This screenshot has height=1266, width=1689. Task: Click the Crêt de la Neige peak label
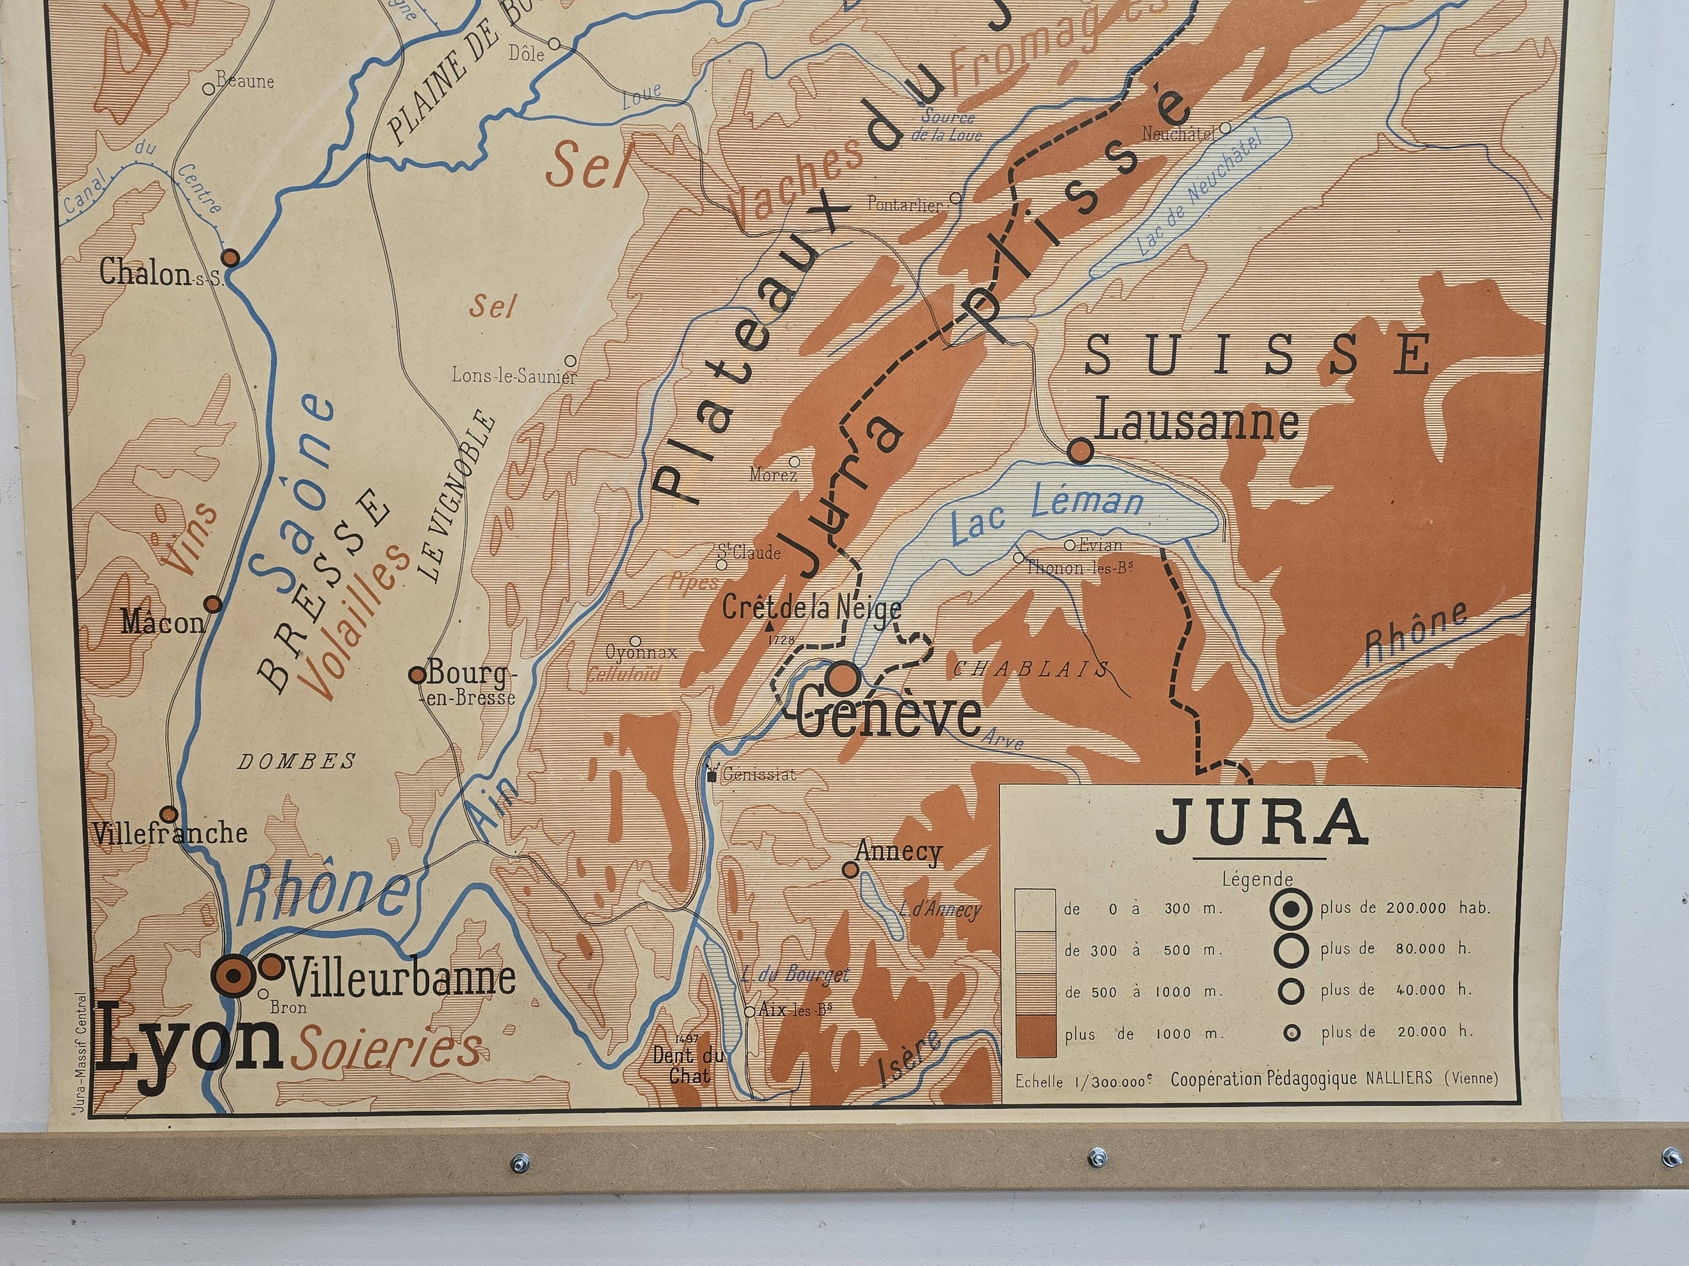[812, 608]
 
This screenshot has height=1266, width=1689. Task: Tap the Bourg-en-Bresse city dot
[417, 675]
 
